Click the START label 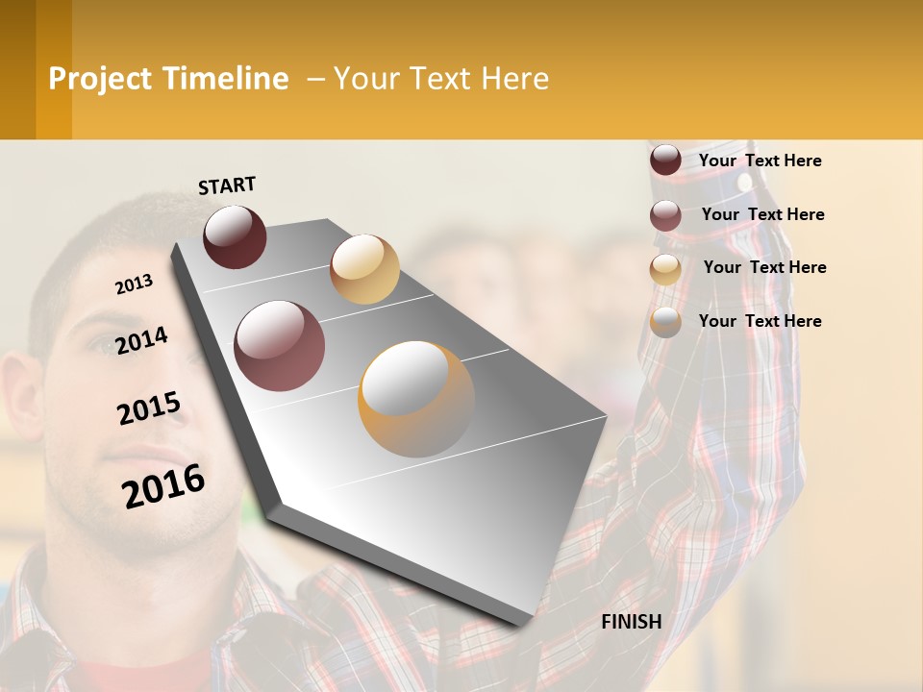click(227, 185)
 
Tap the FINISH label click(631, 622)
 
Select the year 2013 click(134, 284)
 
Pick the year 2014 click(142, 341)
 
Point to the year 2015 click(149, 408)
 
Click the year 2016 click(163, 485)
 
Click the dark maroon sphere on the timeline click(235, 236)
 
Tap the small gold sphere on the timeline click(364, 269)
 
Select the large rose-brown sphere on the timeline click(280, 346)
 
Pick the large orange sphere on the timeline click(416, 399)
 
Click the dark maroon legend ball click(665, 161)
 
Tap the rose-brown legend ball click(665, 215)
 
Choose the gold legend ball click(665, 269)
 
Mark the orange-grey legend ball click(665, 323)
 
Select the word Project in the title click(100, 79)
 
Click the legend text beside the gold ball click(764, 267)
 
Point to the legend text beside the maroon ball click(760, 161)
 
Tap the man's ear click(21, 404)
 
